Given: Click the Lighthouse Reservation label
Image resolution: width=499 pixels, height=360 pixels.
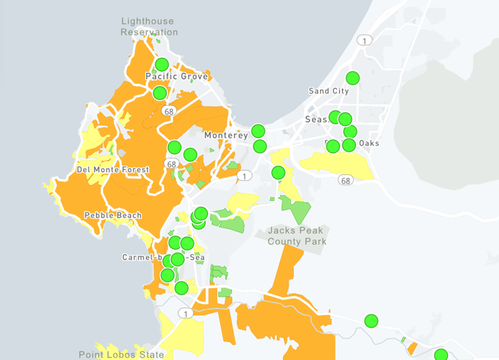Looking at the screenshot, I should tap(149, 27).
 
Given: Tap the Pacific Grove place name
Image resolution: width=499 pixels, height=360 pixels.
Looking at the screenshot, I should tap(176, 76).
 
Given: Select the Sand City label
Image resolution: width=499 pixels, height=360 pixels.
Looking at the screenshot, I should tap(328, 91).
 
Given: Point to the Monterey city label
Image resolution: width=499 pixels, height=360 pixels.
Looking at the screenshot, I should tap(225, 135).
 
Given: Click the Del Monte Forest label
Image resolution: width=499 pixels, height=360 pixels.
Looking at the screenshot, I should tap(112, 170).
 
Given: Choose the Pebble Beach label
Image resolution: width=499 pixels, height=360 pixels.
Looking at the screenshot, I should tap(113, 215).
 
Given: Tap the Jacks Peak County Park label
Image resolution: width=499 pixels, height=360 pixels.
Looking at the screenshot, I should tap(297, 235).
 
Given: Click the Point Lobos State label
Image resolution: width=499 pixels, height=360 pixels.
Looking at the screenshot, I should tap(121, 354).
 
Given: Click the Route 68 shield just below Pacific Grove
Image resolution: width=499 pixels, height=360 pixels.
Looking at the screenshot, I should tap(169, 112).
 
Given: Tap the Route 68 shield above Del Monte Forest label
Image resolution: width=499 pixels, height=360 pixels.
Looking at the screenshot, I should tap(171, 164).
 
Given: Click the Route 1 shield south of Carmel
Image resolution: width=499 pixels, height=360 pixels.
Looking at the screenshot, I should tap(186, 313).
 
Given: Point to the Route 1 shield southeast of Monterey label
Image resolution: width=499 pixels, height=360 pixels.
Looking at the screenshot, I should tap(246, 175).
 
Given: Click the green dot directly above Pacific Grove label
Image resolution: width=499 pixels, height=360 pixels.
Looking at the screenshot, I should tap(162, 64).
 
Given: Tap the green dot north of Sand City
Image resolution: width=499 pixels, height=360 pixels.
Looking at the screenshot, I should tap(353, 78).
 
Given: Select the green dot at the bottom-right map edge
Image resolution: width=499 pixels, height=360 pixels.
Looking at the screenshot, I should tap(441, 354).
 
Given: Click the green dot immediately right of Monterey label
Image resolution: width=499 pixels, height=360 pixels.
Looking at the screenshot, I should tap(258, 131).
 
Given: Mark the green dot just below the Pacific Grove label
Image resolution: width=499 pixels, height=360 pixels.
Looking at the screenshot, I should tap(160, 92).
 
